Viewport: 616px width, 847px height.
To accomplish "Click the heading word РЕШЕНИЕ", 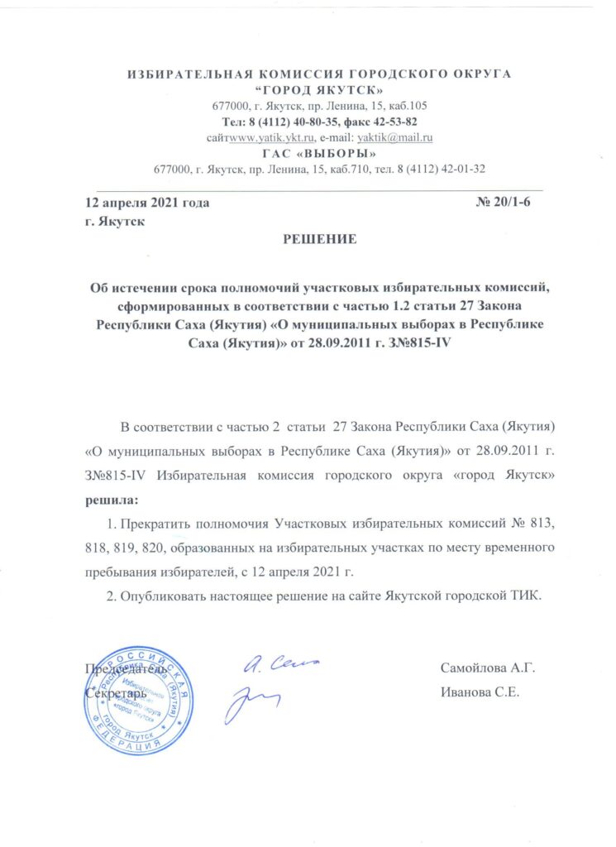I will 320,240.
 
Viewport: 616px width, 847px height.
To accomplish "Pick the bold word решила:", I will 113,500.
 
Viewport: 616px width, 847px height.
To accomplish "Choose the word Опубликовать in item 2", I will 165,599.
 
